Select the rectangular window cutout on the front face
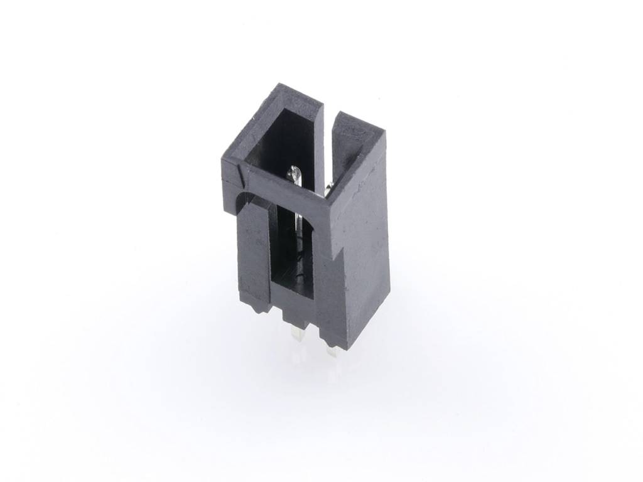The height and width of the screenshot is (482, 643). pos(294,248)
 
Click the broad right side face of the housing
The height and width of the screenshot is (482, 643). pos(363,251)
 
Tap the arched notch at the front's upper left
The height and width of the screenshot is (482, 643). pos(241,200)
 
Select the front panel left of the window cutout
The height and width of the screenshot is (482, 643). pos(254,251)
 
